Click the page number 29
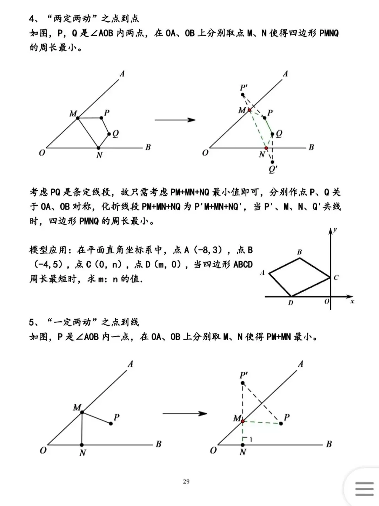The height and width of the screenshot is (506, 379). tap(186, 481)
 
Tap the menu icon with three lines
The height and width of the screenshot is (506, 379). tap(364, 489)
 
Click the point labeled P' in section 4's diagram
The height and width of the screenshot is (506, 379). tap(243, 95)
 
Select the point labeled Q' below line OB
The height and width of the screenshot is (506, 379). tap(273, 162)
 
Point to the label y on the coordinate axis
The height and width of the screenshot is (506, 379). tap(335, 230)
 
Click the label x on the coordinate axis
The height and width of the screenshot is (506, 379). tap(352, 301)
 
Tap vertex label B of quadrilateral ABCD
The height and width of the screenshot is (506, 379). tap(299, 252)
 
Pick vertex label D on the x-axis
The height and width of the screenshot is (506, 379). tap(290, 303)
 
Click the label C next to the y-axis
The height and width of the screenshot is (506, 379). tap(336, 278)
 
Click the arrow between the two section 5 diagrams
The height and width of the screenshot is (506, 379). tap(185, 413)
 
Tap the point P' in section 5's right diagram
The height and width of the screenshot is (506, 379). tap(243, 383)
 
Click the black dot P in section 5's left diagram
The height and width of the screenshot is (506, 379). tap(111, 423)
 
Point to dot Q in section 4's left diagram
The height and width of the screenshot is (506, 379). tap(109, 134)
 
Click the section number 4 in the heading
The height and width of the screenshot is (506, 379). tap(32, 18)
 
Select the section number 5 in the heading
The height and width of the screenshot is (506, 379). tap(32, 322)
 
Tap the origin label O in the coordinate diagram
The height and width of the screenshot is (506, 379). tap(327, 301)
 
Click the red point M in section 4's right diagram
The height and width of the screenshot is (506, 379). tap(250, 110)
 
